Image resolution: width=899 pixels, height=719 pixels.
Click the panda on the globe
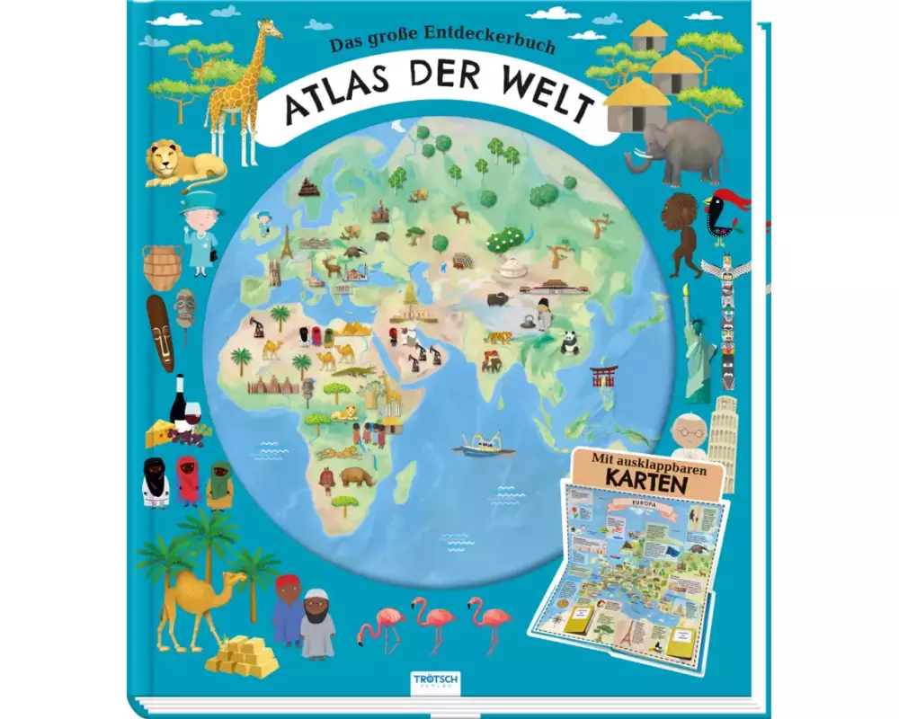click(570, 342)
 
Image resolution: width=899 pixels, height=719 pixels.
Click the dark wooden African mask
click(161, 333)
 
